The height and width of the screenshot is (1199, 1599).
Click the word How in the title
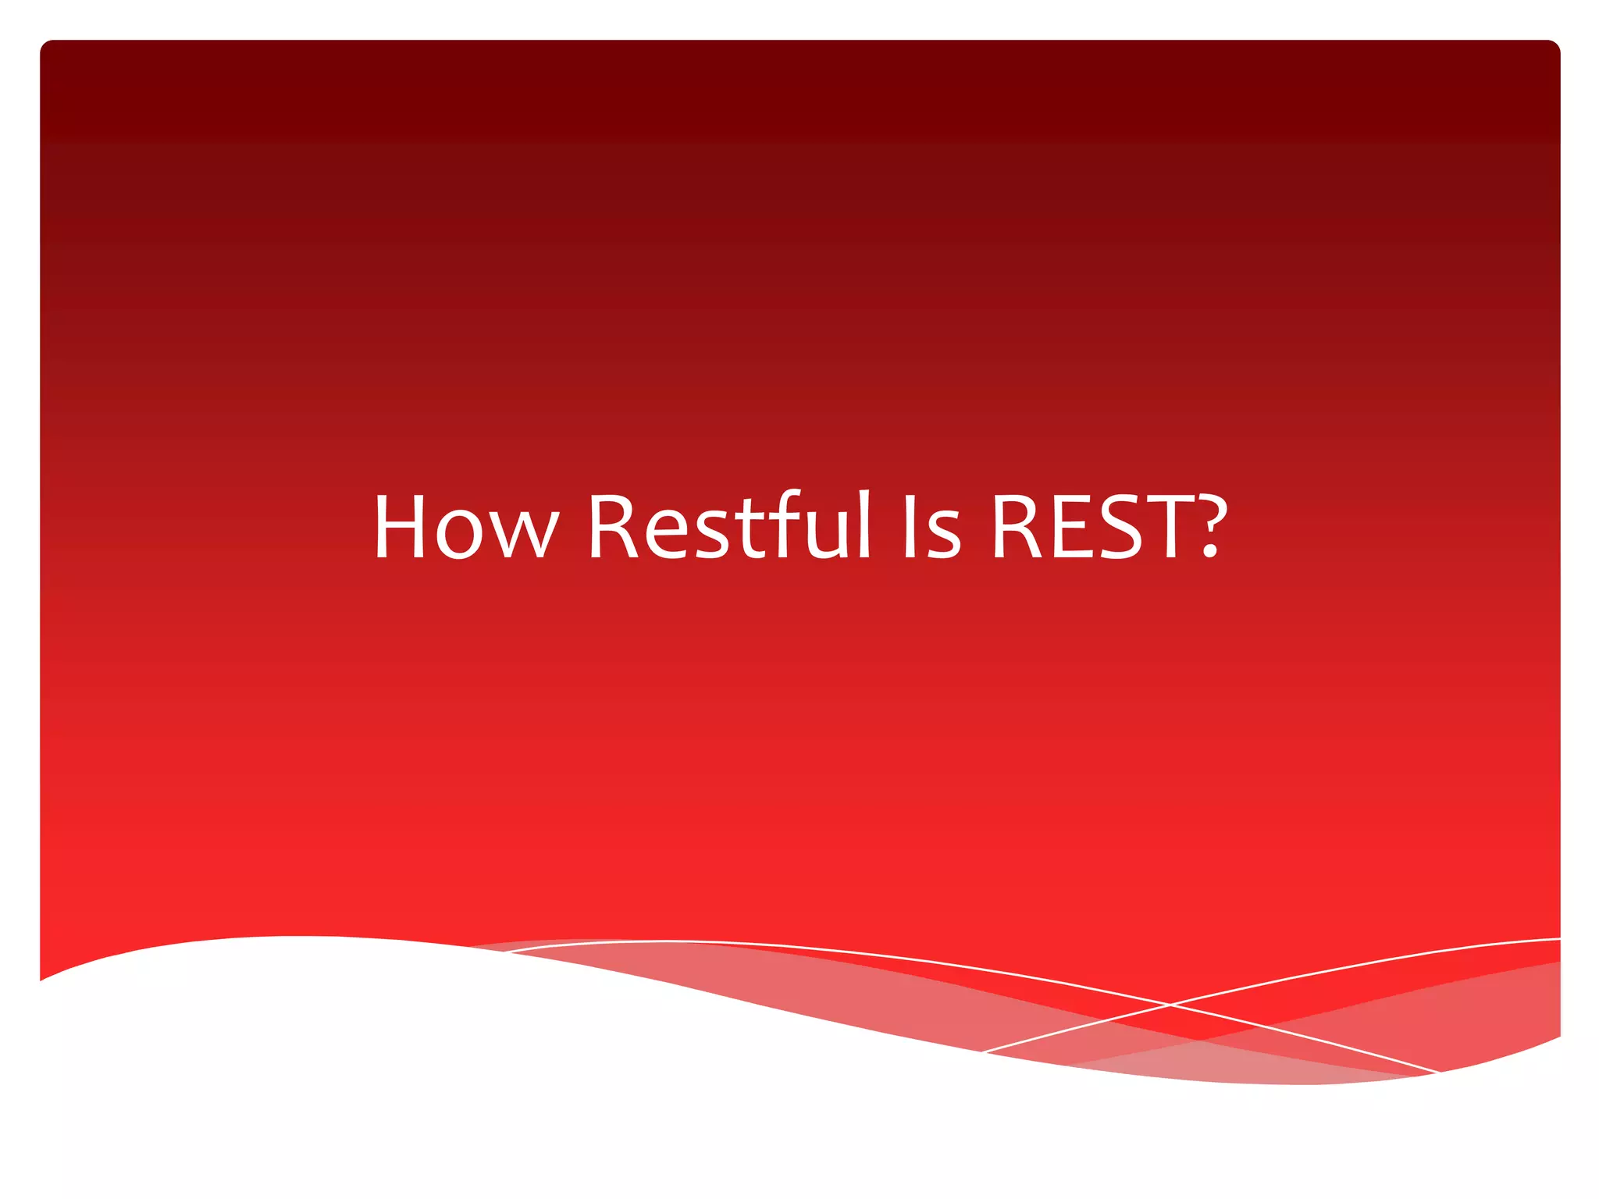tap(466, 527)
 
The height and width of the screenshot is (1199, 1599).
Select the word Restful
tap(728, 527)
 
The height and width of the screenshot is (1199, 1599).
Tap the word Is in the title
tap(931, 527)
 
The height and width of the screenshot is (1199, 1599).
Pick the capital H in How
tap(399, 527)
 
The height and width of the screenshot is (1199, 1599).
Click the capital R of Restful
tap(613, 527)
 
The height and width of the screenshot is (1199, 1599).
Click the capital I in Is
tap(909, 527)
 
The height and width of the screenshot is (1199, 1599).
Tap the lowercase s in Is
tap(943, 535)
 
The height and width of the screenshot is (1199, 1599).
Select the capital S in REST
tap(1120, 527)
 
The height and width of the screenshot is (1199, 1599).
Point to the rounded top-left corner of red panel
tap(45, 45)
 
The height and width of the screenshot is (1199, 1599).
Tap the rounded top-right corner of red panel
tap(1554, 45)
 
